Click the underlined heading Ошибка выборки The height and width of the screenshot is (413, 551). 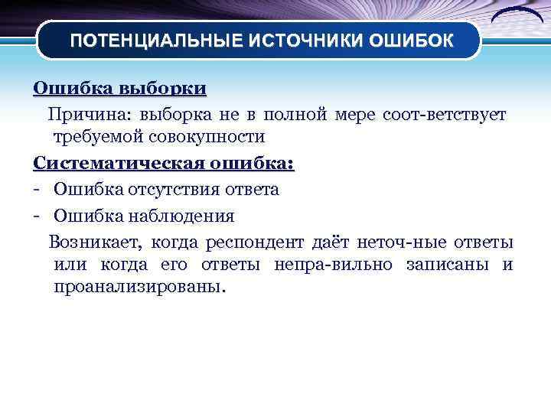coord(119,88)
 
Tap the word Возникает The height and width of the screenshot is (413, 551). coord(95,243)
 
